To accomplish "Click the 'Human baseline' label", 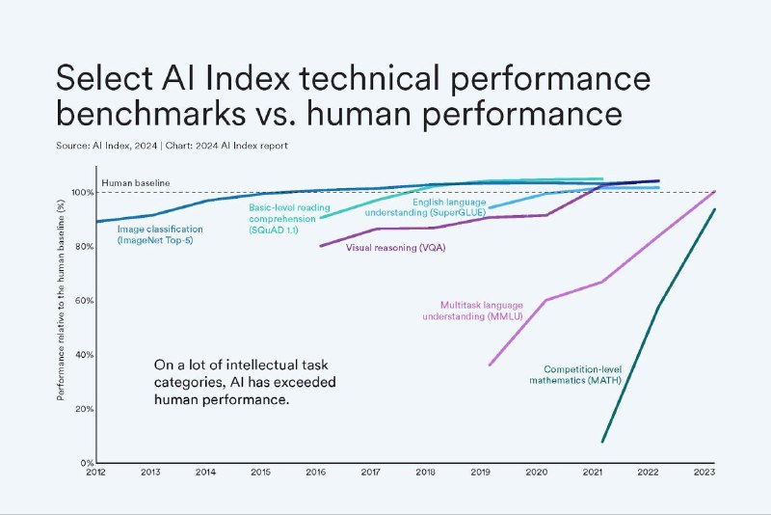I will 135,182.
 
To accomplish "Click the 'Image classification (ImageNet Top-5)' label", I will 160,234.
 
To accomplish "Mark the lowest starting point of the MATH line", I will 602,442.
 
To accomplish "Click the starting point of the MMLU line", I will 490,365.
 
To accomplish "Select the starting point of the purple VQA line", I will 320,246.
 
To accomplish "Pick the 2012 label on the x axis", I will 95,471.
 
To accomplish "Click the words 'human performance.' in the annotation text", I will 222,397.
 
